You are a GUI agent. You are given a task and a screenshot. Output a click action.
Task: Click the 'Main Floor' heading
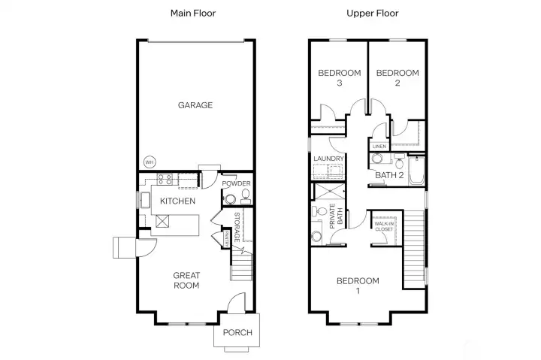point(195,14)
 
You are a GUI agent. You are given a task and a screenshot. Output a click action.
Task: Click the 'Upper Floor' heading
point(367,14)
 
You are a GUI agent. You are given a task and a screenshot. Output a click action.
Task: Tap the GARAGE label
point(195,105)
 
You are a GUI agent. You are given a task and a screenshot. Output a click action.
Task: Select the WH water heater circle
point(148,162)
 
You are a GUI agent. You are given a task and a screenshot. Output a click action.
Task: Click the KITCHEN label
point(178,201)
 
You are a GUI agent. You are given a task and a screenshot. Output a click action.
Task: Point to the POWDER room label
point(236,183)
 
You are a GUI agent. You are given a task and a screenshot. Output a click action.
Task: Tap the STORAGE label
point(237,227)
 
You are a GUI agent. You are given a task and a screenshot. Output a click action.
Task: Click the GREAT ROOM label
point(186,280)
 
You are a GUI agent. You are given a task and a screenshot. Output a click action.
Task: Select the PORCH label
point(237,333)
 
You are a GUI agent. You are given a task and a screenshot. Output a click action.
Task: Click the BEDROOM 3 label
point(339,78)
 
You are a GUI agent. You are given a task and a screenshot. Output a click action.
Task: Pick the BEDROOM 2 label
point(397,78)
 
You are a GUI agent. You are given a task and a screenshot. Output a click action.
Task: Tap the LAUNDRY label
point(328,159)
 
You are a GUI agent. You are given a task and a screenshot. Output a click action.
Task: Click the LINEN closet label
point(379,147)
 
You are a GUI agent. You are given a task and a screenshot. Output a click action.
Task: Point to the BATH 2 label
point(390,175)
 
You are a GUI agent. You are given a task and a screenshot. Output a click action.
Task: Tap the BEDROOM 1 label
point(358,286)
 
